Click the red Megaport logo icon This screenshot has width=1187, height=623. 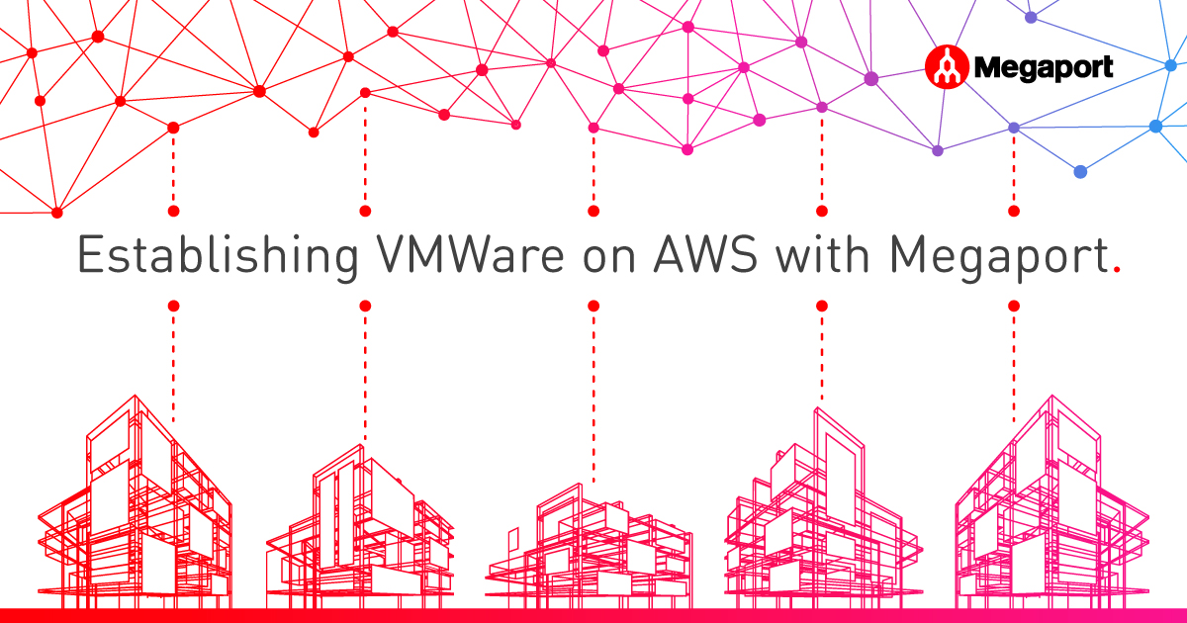pyautogui.click(x=947, y=67)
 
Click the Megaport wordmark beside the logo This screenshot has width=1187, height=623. pyautogui.click(x=1044, y=68)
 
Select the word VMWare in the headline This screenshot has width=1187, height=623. pyautogui.click(x=470, y=255)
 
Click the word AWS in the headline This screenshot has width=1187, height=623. pyautogui.click(x=705, y=255)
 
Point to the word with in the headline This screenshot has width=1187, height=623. pyautogui.click(x=822, y=254)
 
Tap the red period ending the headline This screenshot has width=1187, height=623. pyautogui.click(x=1117, y=269)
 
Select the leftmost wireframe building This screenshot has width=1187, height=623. pyautogui.click(x=135, y=503)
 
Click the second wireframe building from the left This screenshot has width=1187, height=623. pyautogui.click(x=360, y=527)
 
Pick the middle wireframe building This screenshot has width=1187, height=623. pyautogui.click(x=589, y=547)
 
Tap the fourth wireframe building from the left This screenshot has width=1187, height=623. pyautogui.click(x=823, y=508)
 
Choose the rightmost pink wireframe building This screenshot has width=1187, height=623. pyautogui.click(x=1051, y=503)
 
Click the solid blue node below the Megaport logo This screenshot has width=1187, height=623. pyautogui.click(x=1080, y=172)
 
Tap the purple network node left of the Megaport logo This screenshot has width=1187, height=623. pyautogui.click(x=871, y=79)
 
